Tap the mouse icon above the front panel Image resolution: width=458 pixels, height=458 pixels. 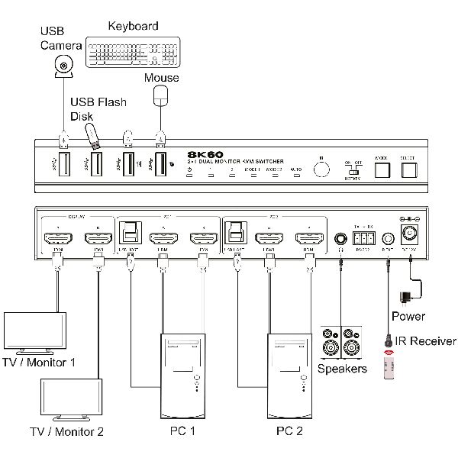point(160,95)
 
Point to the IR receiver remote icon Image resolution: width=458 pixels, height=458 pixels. point(389,362)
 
